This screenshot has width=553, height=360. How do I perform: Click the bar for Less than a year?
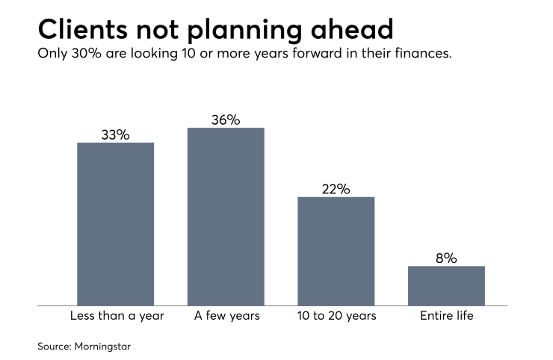tap(116, 224)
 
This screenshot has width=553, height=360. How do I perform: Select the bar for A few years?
tap(226, 217)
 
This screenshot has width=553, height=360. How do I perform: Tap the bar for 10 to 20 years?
tap(336, 251)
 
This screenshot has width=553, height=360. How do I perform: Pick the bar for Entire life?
tap(446, 285)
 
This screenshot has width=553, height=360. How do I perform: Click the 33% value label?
tap(116, 135)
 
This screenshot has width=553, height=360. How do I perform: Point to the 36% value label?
tap(226, 120)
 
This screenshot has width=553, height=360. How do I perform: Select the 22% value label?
tap(336, 189)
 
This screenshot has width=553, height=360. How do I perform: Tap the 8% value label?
tap(446, 258)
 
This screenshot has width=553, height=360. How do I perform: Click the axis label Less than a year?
tap(116, 316)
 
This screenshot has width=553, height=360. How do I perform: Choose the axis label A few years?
tap(226, 316)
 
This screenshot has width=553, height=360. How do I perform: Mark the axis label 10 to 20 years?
tap(336, 316)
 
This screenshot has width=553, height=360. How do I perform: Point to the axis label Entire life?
tap(446, 316)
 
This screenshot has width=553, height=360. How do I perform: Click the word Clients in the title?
tap(82, 29)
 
